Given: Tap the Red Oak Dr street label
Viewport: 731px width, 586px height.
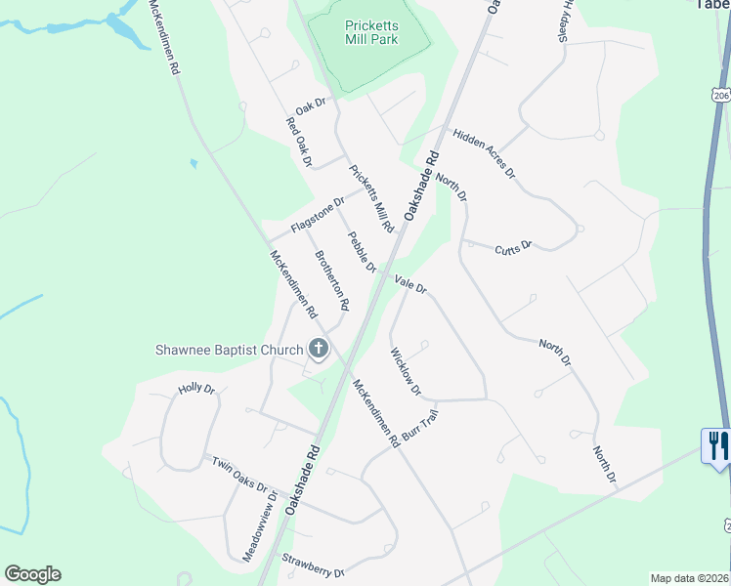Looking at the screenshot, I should point(298,143).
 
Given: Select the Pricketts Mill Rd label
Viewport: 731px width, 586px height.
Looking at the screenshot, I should point(371,197).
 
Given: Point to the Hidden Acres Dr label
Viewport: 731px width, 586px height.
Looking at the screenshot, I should point(483,152).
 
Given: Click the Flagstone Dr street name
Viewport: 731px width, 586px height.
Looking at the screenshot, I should point(319,217).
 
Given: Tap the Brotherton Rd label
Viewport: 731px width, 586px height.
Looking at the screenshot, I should point(331,280).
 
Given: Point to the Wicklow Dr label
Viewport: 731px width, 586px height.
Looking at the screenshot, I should point(405,372).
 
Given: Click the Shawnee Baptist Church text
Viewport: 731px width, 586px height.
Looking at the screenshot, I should point(229,350).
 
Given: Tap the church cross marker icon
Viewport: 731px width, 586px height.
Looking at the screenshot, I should point(319,348).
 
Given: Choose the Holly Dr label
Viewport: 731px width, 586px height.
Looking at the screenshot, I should point(195,389).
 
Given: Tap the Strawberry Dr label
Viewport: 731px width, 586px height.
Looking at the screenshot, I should point(313,565).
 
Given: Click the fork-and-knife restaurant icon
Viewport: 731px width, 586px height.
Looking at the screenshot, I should point(718,445).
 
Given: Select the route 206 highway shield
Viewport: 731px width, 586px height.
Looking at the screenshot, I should point(721,96).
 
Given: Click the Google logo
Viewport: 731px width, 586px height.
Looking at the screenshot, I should point(32,574).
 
